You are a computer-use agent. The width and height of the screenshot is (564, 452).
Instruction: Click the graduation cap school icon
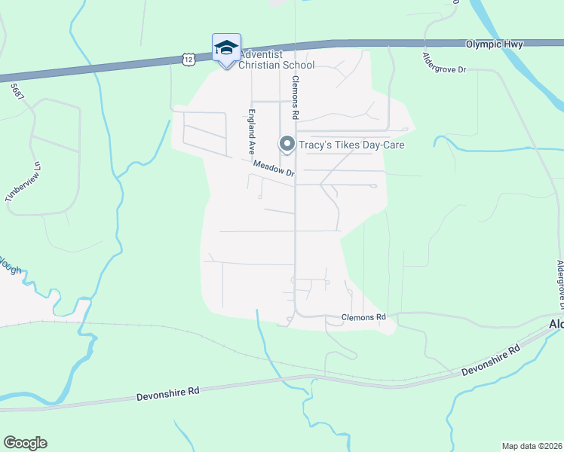[x=226, y=47]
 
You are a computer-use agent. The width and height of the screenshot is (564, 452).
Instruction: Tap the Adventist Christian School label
[x=276, y=60]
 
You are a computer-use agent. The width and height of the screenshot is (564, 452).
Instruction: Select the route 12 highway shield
[x=187, y=58]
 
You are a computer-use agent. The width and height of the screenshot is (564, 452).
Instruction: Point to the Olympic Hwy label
[x=494, y=45]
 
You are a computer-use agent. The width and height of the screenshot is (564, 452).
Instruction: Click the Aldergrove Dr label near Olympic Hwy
[x=445, y=63]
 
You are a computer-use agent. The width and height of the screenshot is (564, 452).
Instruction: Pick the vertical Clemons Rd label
[x=296, y=97]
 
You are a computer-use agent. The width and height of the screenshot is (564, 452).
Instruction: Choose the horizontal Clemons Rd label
[x=363, y=317]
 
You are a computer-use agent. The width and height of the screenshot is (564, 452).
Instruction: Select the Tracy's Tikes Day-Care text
[x=352, y=145]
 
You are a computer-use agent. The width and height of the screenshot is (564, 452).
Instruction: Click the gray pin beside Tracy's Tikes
[x=287, y=143]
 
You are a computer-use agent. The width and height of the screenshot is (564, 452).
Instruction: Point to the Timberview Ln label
[x=20, y=182]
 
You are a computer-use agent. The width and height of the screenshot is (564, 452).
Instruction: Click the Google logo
[x=25, y=443]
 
